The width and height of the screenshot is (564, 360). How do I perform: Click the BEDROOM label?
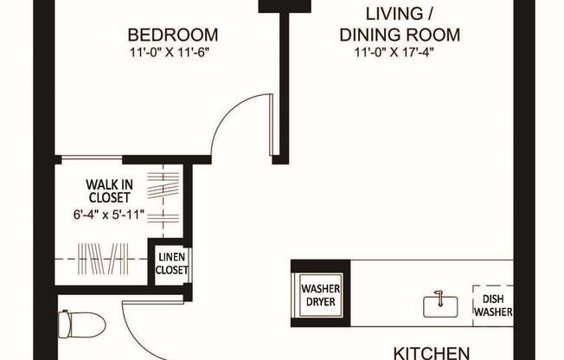(173, 35)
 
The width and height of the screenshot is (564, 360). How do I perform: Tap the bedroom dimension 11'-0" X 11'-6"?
(173, 52)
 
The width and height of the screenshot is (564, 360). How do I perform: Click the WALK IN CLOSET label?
(109, 190)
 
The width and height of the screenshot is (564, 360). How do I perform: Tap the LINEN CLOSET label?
(171, 264)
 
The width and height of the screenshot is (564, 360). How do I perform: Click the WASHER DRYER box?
(320, 295)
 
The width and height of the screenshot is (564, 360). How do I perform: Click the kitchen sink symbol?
(440, 305)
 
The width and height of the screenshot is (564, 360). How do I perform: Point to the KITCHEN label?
(432, 352)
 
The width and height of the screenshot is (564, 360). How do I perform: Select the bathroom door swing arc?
(138, 333)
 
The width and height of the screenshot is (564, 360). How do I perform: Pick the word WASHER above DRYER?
(320, 289)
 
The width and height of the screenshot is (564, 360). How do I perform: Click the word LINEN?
(171, 258)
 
